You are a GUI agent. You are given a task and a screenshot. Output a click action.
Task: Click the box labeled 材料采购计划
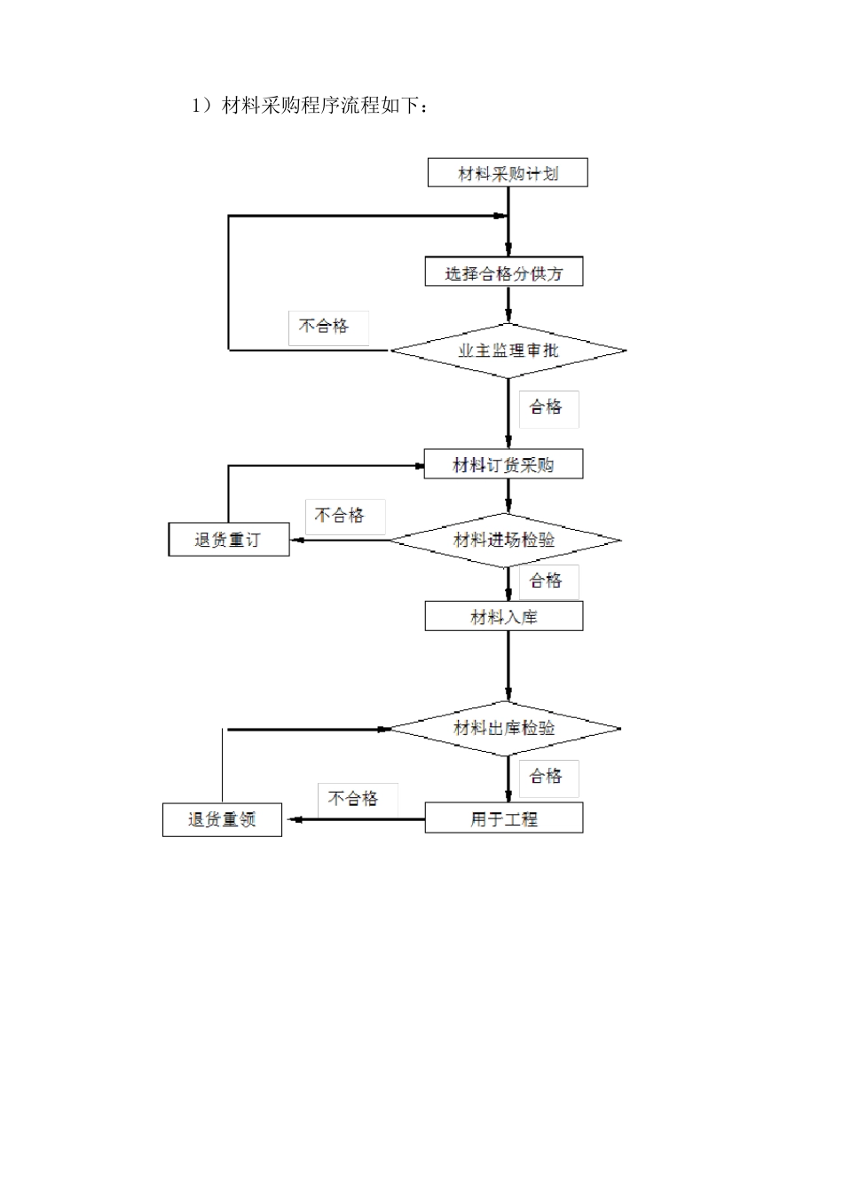[x=508, y=172]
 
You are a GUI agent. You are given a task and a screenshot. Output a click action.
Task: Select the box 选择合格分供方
[x=504, y=272]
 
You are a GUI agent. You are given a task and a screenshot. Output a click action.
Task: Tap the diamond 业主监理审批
[x=508, y=351]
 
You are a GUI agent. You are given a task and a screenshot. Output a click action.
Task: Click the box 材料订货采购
[x=503, y=464]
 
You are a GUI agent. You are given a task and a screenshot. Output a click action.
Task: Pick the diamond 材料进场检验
[x=505, y=540]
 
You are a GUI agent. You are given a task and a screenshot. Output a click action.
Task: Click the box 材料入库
[x=503, y=616]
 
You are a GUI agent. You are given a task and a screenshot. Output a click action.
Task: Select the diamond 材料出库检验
[x=505, y=729]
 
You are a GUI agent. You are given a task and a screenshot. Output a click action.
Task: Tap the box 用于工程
[x=503, y=818]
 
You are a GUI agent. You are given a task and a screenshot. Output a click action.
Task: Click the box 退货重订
[x=229, y=540]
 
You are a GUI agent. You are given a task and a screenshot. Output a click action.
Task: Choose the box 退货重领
[x=222, y=819]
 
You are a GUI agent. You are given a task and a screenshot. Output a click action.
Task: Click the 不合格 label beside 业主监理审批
[x=325, y=327]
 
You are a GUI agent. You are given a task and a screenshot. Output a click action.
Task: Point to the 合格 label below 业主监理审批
[x=547, y=407]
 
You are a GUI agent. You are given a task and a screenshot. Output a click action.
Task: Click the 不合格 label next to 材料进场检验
[x=341, y=516]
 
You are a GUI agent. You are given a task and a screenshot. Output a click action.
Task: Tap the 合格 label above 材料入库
[x=547, y=581]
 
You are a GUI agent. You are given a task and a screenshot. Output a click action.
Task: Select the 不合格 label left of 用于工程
[x=354, y=799]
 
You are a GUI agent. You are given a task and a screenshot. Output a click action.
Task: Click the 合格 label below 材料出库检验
[x=547, y=777]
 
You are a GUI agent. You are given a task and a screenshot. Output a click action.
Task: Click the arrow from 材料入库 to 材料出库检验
[x=508, y=666]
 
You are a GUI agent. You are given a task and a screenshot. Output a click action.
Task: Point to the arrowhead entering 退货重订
[x=296, y=540]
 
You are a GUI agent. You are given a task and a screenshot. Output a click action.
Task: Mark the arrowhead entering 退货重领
[x=289, y=819]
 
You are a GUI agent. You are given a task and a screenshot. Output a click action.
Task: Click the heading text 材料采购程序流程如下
[x=311, y=107]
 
